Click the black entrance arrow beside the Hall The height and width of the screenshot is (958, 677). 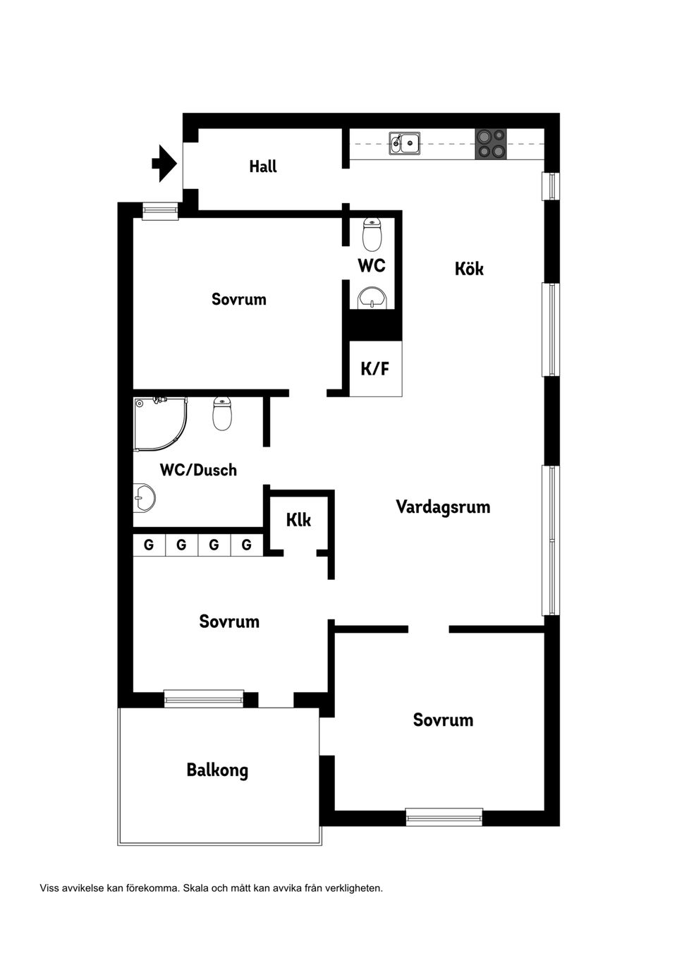[164, 164]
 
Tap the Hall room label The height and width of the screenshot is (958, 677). [263, 167]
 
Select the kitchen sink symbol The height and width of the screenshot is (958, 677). [405, 143]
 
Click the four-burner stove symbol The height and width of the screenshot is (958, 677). [491, 143]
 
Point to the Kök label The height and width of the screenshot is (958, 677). [469, 269]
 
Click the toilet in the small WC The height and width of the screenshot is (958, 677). [372, 235]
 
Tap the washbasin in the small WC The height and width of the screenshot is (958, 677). [372, 298]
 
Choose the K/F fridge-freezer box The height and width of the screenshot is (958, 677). [375, 368]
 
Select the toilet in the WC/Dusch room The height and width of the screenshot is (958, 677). [222, 414]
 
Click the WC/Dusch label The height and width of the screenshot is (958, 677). [198, 470]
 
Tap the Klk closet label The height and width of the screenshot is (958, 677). [298, 521]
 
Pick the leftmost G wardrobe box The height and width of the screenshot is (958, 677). [149, 545]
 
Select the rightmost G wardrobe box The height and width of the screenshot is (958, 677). [247, 545]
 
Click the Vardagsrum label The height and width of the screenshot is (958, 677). [443, 507]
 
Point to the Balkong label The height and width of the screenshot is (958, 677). [217, 770]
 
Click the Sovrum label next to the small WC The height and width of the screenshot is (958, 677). [239, 299]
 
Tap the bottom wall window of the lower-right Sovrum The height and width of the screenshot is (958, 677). [444, 817]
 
